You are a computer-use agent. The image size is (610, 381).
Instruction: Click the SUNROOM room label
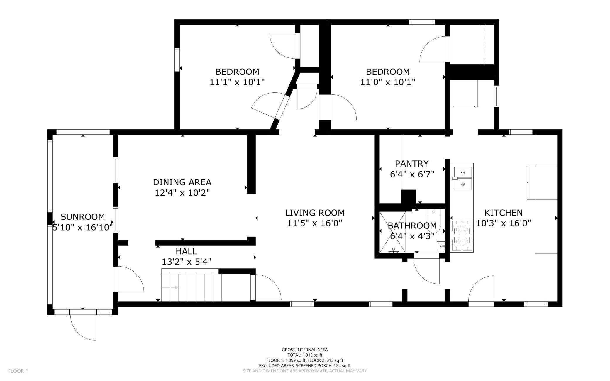pyautogui.click(x=83, y=217)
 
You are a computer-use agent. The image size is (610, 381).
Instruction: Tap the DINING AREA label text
pyautogui.click(x=182, y=182)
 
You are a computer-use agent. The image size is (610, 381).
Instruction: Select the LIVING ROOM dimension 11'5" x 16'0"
pyautogui.click(x=315, y=223)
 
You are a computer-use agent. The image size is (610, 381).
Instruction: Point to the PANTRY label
pyautogui.click(x=412, y=164)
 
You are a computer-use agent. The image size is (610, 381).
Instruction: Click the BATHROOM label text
pyautogui.click(x=412, y=226)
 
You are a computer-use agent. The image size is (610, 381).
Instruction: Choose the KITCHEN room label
pyautogui.click(x=504, y=213)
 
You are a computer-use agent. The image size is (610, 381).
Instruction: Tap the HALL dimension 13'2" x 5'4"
pyautogui.click(x=187, y=262)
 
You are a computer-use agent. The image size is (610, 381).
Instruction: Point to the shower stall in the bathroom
pyautogui.click(x=392, y=232)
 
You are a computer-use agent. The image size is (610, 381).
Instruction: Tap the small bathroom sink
pyautogui.click(x=440, y=246)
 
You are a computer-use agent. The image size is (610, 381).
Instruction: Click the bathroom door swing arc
pyautogui.click(x=426, y=272)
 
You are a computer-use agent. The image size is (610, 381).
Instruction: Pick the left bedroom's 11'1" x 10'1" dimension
pyautogui.click(x=237, y=82)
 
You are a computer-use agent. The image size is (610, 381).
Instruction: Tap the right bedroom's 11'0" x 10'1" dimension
pyautogui.click(x=388, y=82)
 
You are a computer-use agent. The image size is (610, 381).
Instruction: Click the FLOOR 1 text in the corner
pyautogui.click(x=18, y=371)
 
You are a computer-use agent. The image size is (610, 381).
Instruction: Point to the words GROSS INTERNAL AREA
pyautogui.click(x=305, y=350)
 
